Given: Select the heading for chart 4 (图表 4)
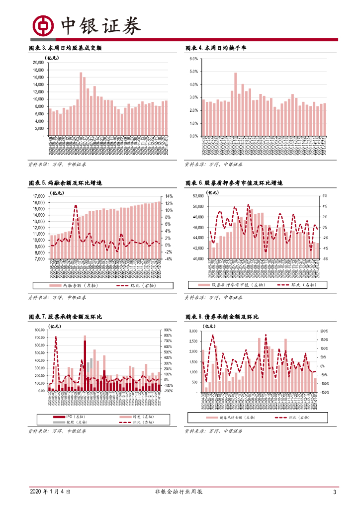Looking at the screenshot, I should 215,48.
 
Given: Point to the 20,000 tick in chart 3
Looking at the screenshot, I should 38,63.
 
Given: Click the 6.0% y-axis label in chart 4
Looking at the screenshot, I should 193,59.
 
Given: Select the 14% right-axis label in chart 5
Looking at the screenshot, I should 169,196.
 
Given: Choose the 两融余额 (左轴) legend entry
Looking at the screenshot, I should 79,285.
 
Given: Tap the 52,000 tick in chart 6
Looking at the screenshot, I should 198,196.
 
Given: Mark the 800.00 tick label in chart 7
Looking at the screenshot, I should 38,330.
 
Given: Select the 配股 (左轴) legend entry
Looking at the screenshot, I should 67,422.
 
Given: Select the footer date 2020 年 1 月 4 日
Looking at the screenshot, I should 50,492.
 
